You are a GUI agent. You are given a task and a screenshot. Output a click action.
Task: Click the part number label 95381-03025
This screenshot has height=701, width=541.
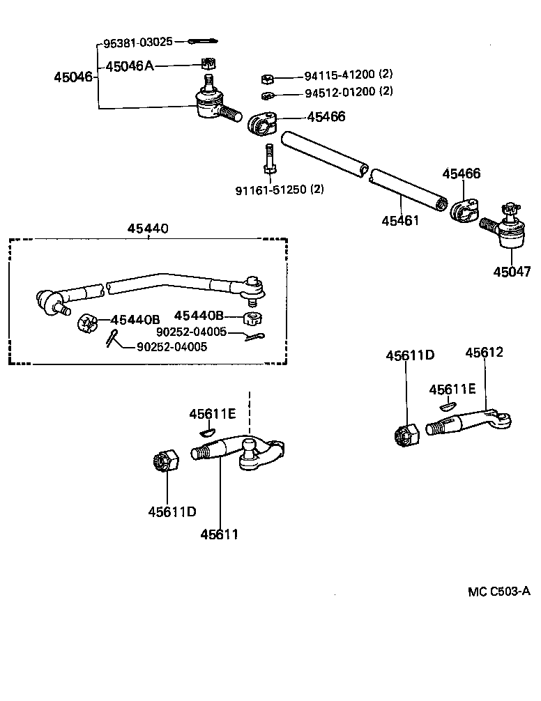[x=137, y=43]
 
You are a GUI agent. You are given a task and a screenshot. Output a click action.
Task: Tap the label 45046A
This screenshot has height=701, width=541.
[x=129, y=67]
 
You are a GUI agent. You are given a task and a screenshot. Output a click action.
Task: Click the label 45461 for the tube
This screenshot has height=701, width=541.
[x=400, y=220]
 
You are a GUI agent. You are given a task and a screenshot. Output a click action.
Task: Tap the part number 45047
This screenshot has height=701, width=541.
[x=511, y=272]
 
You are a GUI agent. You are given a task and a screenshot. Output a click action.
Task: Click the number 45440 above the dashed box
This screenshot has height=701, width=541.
[x=148, y=229]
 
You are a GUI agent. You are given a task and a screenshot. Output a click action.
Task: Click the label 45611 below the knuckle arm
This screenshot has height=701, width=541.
[x=220, y=534]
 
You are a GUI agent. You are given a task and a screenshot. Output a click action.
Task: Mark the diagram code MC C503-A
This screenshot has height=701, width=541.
[x=498, y=592]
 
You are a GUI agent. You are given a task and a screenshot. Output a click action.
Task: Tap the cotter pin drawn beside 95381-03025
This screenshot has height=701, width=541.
[x=204, y=42]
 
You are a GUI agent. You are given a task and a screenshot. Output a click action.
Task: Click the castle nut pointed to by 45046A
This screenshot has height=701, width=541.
[x=206, y=64]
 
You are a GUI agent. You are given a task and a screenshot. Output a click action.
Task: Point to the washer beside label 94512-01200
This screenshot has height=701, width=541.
[x=268, y=95]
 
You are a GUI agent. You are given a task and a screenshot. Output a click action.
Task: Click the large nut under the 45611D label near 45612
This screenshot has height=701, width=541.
[x=405, y=435]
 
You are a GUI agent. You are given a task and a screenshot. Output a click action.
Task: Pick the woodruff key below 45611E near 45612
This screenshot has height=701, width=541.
[x=447, y=404]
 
